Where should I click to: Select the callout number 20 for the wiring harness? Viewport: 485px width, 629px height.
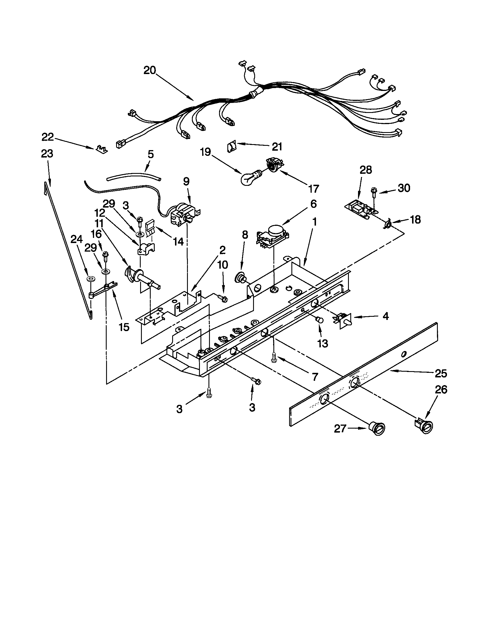(x=150, y=70)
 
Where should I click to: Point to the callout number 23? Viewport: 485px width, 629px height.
(x=47, y=154)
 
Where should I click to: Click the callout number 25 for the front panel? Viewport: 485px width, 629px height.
(x=441, y=374)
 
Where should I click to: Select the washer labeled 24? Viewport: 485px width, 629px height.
(x=92, y=279)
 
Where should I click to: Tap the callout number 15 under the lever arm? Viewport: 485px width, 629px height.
(x=124, y=327)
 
